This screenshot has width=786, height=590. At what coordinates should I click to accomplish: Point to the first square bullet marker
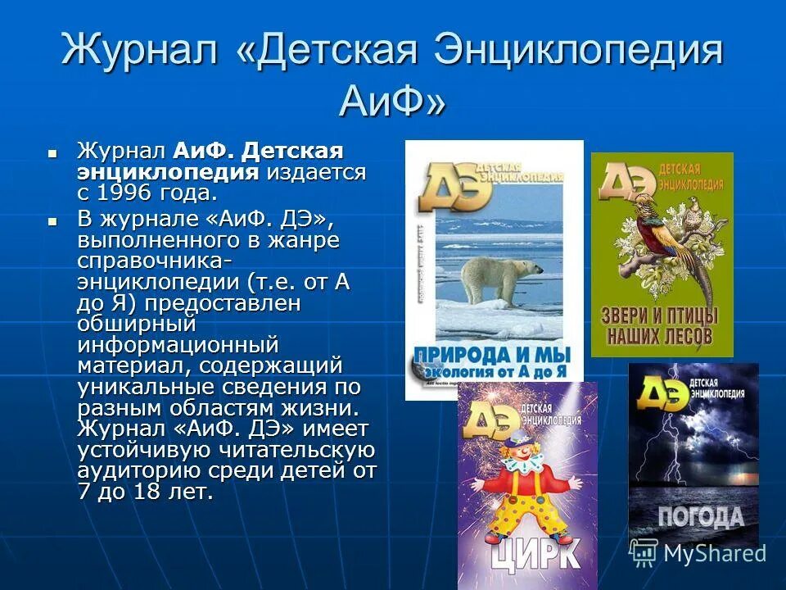coord(52,152)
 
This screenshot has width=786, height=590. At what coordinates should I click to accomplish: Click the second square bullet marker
coord(52,220)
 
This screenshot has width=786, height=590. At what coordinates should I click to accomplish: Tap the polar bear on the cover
coord(492,279)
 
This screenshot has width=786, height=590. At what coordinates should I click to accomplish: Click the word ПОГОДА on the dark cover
coord(702,515)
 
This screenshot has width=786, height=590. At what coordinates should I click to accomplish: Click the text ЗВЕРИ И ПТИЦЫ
coord(661,315)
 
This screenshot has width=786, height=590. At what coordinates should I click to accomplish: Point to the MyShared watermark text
coord(714,553)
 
